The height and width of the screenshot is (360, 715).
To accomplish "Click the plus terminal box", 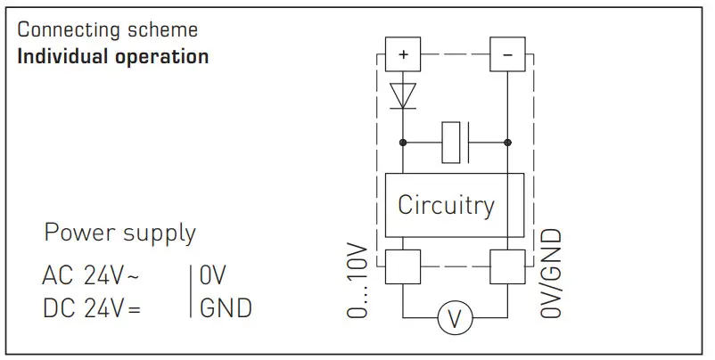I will point(403,55).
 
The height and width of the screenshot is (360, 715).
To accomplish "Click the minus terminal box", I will point(507,55).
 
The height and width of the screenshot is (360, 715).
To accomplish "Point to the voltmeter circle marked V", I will point(455,318).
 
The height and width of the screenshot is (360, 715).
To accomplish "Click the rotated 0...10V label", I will point(357,277).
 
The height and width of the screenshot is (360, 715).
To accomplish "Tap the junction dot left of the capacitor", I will point(403,142).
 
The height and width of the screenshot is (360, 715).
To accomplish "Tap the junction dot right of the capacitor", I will point(507,142).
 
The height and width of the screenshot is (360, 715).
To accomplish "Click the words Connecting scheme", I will point(107,29).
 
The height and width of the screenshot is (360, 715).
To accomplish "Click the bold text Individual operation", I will point(112,56).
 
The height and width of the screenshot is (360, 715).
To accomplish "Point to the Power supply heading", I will point(119,234).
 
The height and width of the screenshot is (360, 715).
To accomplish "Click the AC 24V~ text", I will point(90,275).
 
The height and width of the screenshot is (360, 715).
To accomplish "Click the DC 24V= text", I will point(90,308).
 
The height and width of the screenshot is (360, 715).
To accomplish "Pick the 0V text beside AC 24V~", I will point(215,275).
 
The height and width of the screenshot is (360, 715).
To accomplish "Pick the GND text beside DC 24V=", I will point(226,308).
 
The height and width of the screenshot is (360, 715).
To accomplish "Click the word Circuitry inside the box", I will point(446,205).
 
